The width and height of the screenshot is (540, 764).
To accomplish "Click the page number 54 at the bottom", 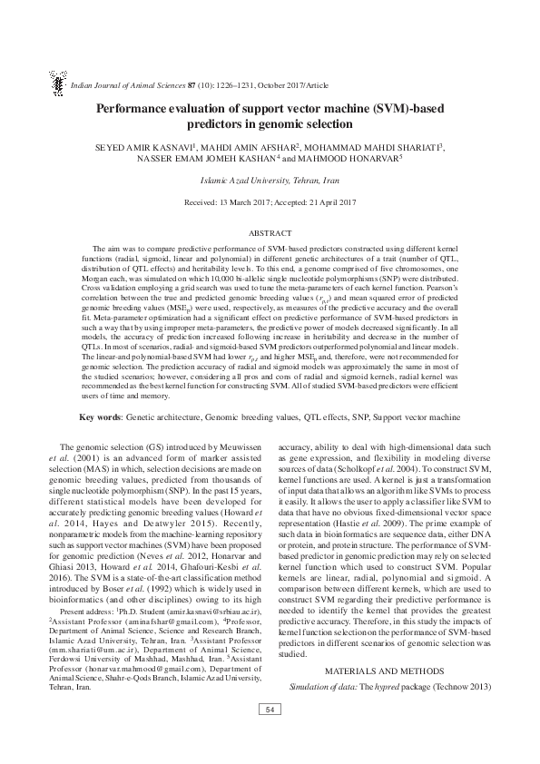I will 270,733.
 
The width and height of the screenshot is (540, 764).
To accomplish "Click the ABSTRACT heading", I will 270,232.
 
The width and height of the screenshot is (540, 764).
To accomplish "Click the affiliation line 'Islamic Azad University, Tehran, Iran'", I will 270,181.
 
